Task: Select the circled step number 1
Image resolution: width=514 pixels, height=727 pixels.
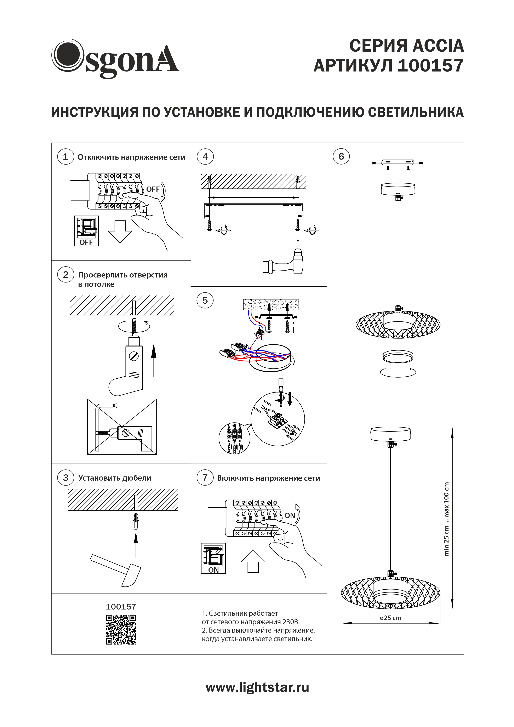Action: point(65,157)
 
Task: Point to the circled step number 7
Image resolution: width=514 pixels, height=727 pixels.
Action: point(205,477)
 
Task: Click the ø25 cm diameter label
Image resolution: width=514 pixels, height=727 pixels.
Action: point(390,618)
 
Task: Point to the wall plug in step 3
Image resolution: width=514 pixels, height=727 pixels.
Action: point(136,521)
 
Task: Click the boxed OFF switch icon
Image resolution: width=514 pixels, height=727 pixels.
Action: point(86,231)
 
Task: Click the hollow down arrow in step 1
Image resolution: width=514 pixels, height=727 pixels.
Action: point(120,231)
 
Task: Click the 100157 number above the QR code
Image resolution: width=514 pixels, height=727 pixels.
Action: point(121,607)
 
